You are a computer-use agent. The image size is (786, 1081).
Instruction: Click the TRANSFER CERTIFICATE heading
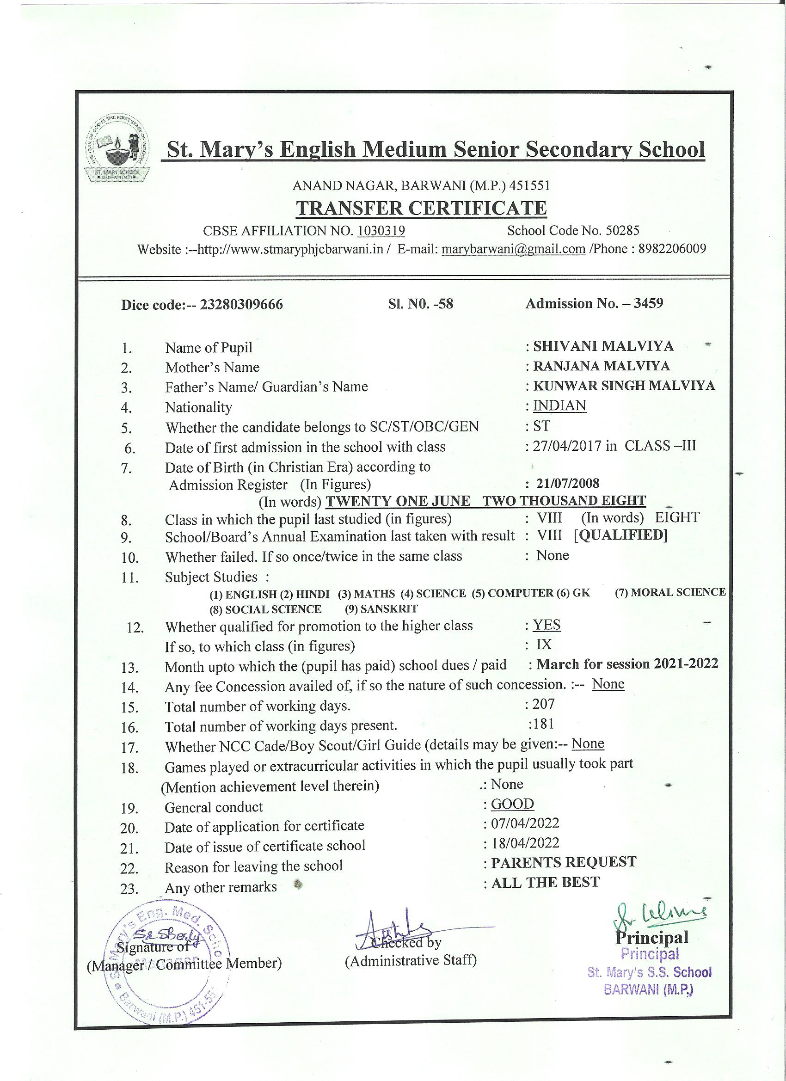point(421,208)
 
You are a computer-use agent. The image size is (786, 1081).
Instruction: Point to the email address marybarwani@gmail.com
point(513,249)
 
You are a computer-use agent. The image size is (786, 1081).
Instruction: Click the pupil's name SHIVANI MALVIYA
point(603,346)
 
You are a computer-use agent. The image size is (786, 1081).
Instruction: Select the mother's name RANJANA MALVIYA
point(602,366)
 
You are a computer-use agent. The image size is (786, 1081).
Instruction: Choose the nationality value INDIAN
point(559,405)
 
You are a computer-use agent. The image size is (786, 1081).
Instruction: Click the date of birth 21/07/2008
point(568,483)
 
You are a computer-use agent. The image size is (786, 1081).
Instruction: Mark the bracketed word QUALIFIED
point(620,535)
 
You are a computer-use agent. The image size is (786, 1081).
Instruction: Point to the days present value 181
point(543,724)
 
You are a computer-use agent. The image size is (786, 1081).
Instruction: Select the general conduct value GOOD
point(512,804)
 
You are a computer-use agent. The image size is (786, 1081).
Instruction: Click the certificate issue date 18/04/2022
point(525,843)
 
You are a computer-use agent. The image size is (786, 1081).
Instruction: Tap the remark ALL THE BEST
point(545,882)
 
